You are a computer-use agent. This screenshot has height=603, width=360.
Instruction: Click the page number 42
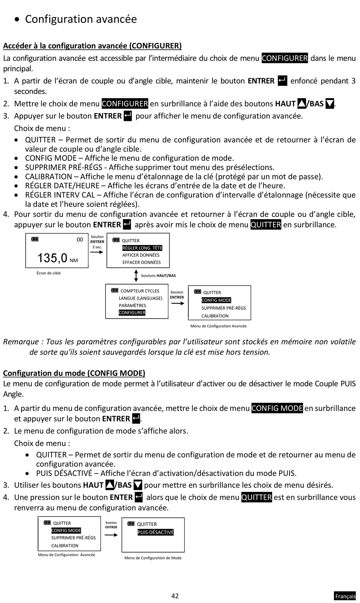[175, 596]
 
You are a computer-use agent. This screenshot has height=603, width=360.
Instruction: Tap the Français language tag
[345, 596]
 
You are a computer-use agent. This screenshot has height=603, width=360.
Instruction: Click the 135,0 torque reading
[52, 258]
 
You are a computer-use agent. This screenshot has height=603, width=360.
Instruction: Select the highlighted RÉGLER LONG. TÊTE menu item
[142, 248]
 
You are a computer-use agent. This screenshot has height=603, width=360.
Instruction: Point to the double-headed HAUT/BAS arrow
[136, 276]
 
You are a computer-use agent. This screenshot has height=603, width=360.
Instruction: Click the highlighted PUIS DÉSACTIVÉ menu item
[155, 532]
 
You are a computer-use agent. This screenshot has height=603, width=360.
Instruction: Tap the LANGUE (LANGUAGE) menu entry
[140, 298]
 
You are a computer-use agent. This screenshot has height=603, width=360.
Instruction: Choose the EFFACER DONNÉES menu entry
[141, 262]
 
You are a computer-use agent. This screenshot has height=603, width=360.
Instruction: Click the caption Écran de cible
[49, 273]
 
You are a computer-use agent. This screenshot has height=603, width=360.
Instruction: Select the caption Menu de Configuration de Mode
[153, 558]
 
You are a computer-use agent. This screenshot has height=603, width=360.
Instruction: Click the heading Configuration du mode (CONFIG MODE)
[74, 373]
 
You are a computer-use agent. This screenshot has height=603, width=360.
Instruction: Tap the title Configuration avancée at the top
[81, 19]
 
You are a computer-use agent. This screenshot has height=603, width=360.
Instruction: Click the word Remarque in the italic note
[21, 342]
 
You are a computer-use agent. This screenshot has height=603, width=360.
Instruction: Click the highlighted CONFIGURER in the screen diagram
[132, 313]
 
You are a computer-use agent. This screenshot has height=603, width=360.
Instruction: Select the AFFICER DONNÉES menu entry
[141, 255]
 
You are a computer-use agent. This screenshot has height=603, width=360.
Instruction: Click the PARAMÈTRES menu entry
[132, 306]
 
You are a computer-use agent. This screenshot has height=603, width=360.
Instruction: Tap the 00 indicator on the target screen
[80, 240]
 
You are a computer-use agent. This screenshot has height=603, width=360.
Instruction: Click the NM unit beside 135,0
[74, 261]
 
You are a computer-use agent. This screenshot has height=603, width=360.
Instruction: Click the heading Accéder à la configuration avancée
[92, 46]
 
